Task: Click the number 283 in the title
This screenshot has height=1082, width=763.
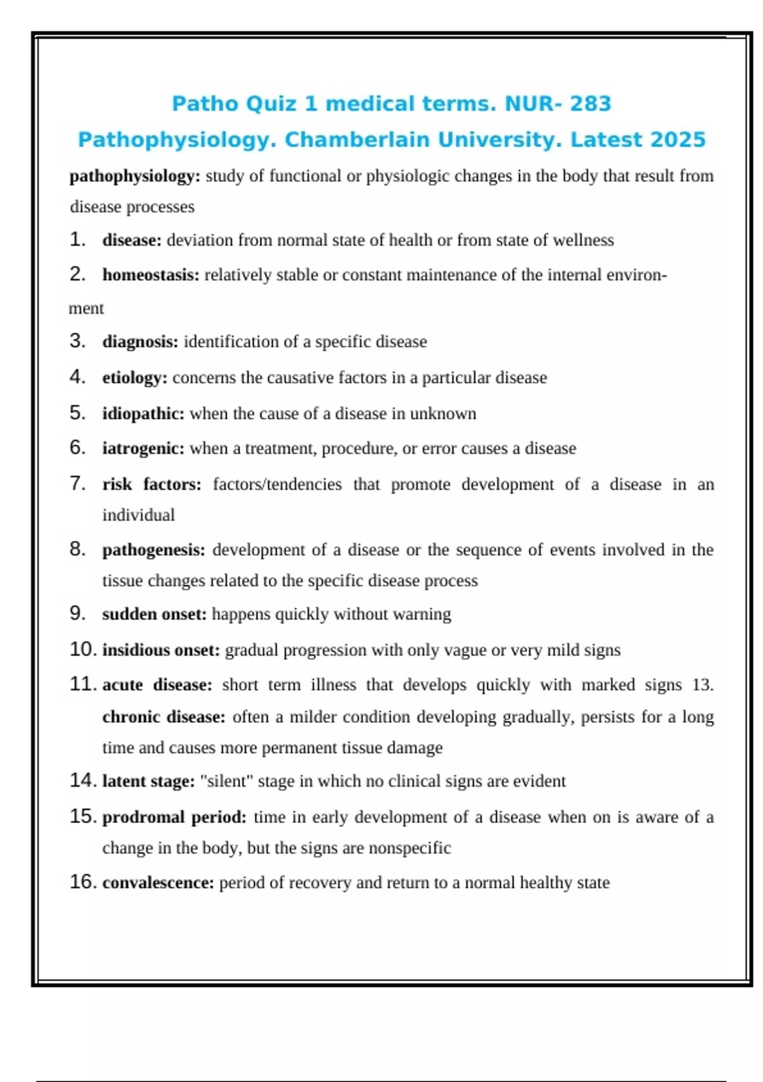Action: pyautogui.click(x=590, y=104)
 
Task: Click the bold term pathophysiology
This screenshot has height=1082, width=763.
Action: pyautogui.click(x=134, y=176)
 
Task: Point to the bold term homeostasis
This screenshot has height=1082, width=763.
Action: pyautogui.click(x=151, y=275)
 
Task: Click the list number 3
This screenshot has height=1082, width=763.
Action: pyautogui.click(x=78, y=341)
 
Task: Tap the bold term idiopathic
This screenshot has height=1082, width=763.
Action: pyautogui.click(x=143, y=414)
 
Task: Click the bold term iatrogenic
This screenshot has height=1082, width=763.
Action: pyautogui.click(x=143, y=449)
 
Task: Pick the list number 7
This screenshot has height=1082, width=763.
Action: pyautogui.click(x=78, y=484)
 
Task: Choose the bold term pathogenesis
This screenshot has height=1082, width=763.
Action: pyautogui.click(x=153, y=550)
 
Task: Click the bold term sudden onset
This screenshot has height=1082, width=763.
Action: pyautogui.click(x=155, y=614)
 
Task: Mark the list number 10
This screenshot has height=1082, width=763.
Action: pyautogui.click(x=83, y=650)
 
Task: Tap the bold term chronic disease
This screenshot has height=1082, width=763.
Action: pyautogui.click(x=163, y=717)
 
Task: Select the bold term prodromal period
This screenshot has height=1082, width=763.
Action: pyautogui.click(x=174, y=817)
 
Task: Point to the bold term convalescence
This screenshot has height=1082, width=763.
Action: pyautogui.click(x=158, y=883)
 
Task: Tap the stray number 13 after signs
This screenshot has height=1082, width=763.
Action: pyautogui.click(x=702, y=685)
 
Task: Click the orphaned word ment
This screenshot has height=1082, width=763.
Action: pyautogui.click(x=86, y=309)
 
